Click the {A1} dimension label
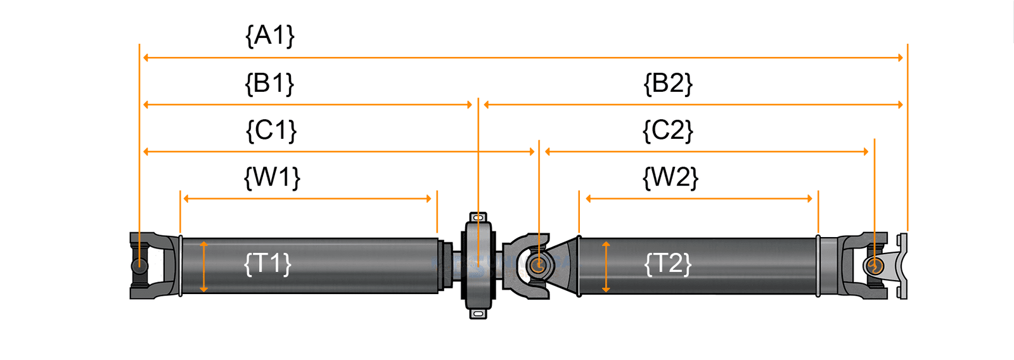270,36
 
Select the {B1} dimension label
270,84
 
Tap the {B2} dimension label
668,84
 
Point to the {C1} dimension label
271,131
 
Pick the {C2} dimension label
667,131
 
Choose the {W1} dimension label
272,177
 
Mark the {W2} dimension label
670,177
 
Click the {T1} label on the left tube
267,263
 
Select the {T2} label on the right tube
667,264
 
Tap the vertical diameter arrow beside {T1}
203,266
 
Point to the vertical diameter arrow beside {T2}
606,266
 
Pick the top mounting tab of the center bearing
478,217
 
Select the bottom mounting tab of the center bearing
478,313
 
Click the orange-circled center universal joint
538,266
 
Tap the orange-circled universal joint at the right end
875,266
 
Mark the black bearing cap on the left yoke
139,266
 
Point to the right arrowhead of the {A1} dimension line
900,58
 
